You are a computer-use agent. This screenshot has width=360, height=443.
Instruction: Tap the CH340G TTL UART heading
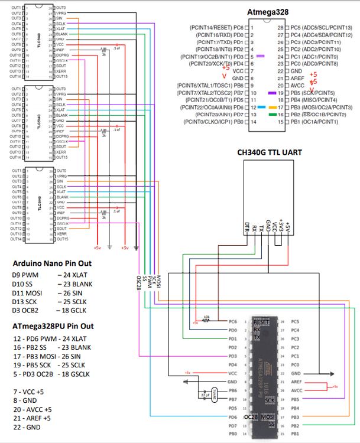coord(269,152)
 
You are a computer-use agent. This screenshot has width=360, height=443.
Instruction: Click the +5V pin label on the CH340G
coord(288,227)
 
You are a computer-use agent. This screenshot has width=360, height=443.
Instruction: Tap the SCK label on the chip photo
coord(271,400)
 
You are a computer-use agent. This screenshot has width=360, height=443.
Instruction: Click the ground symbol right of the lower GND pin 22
coord(329,374)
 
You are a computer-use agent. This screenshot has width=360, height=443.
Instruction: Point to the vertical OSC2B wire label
coord(138,283)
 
